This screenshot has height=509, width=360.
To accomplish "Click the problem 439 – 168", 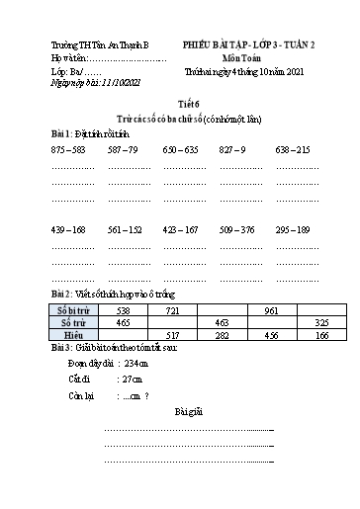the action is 68,229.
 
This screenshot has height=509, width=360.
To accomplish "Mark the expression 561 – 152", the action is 123,229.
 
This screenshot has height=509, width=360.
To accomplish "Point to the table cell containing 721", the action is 173,309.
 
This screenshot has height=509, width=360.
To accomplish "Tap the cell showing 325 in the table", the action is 320,322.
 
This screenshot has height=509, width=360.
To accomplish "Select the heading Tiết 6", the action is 179,102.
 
